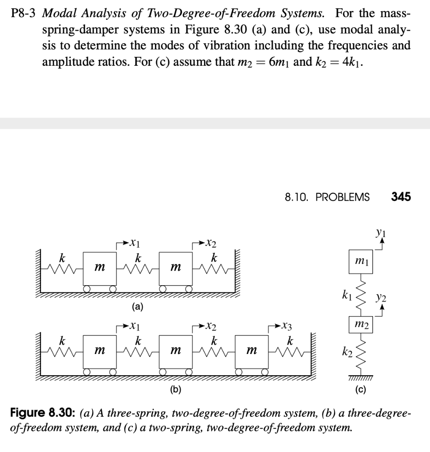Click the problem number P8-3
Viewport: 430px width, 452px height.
coord(23,13)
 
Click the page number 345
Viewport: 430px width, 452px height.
coord(401,197)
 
